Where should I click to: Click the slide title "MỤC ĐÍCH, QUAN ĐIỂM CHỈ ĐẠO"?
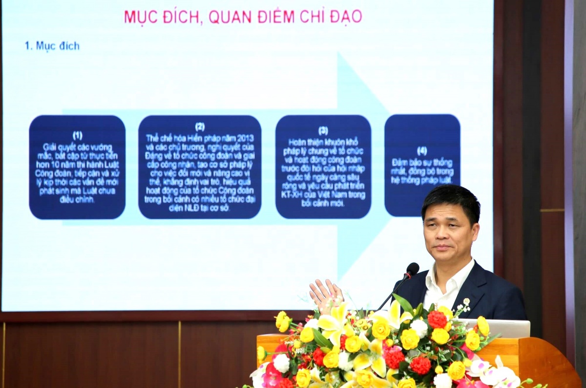coord(243,16)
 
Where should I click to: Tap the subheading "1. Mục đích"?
coord(52,46)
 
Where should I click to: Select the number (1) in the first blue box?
coord(77,135)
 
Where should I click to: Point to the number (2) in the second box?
coord(200,127)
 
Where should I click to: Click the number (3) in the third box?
coord(323,130)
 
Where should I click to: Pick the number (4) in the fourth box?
coord(422,151)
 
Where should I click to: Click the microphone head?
coord(413,269)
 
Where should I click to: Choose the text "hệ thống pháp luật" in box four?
coord(422,181)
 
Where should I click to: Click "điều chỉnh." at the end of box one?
coord(77,200)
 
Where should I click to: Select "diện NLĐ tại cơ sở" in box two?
coord(199,208)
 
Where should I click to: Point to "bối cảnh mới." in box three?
coord(323,203)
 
